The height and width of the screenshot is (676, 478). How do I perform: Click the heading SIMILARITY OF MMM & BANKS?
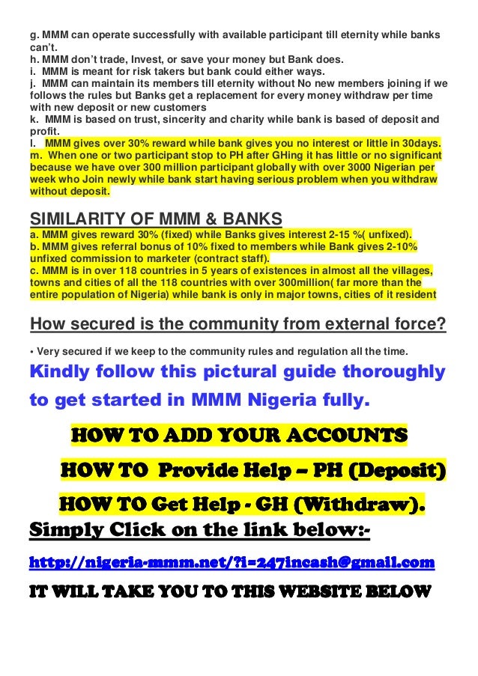tap(155, 219)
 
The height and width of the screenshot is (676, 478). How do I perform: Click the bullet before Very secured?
tap(31, 350)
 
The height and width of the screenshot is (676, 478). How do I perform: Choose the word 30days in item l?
tap(418, 141)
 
